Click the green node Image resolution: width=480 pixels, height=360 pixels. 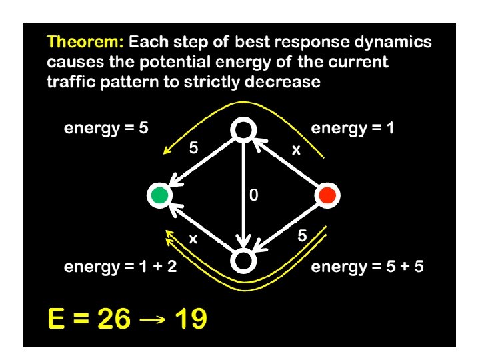tap(159, 195)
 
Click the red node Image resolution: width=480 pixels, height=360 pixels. tap(327, 195)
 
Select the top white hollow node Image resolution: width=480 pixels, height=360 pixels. tap(243, 130)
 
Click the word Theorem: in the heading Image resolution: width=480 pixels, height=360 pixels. tap(85, 43)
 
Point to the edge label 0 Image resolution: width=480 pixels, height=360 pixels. tap(253, 195)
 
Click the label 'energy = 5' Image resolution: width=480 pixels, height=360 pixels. tap(106, 128)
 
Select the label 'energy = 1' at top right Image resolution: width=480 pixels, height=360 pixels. tap(353, 128)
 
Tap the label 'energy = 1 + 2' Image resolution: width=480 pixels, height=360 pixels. tap(120, 267)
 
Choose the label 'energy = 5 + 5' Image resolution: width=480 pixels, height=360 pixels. tap(367, 267)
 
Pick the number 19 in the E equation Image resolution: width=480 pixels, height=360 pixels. tap(191, 319)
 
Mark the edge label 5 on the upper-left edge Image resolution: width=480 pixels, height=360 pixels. tap(193, 149)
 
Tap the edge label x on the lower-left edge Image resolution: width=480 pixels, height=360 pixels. tap(193, 237)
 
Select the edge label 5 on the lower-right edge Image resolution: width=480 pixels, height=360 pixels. tap(302, 235)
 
